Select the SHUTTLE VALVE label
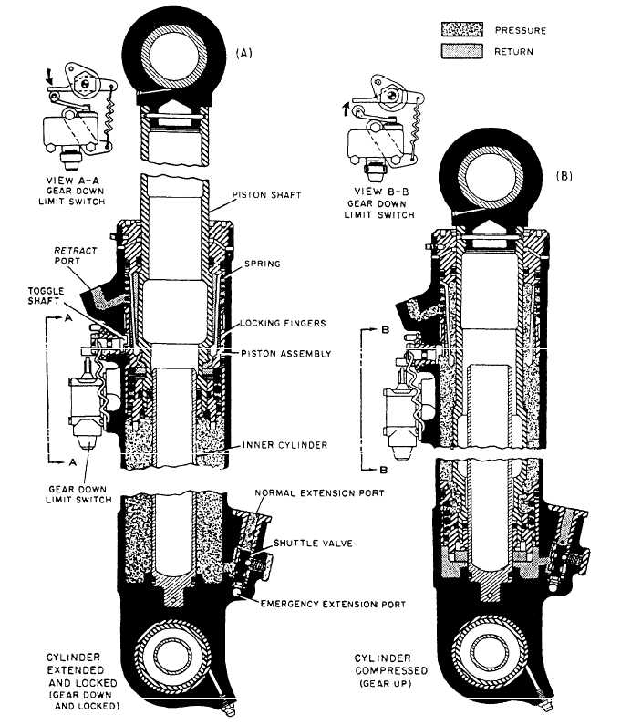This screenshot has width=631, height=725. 312,544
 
